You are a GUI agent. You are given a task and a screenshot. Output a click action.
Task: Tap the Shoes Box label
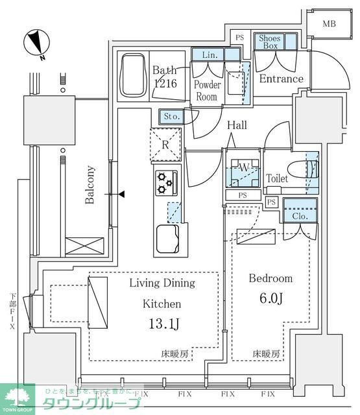(x=269, y=42)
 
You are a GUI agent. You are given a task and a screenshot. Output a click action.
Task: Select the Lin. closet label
(x=208, y=55)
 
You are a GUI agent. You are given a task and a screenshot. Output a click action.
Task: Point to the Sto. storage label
(x=171, y=117)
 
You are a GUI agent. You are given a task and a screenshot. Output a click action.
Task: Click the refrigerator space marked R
(x=165, y=145)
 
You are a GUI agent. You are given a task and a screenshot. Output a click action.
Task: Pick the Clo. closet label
(x=300, y=217)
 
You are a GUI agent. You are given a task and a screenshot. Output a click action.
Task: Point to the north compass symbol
(x=37, y=43)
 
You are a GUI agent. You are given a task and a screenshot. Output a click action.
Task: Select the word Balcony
(x=91, y=185)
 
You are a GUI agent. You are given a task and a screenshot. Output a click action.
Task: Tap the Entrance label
(x=281, y=79)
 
